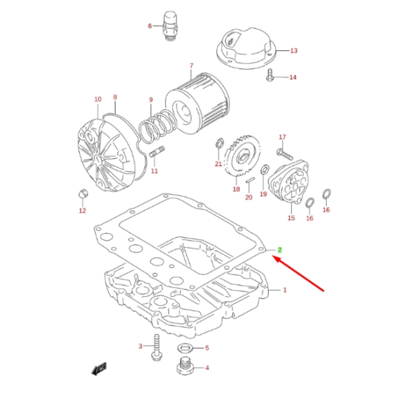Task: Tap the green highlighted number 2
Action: coord(280,250)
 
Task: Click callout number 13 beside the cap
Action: coord(294,50)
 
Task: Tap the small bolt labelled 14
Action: coord(270,77)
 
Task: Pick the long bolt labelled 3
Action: coord(156,348)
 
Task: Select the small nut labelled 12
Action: coord(81,193)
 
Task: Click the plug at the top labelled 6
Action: coord(169,24)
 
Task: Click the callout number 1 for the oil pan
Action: coord(285,289)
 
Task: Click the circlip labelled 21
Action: coord(219,146)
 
